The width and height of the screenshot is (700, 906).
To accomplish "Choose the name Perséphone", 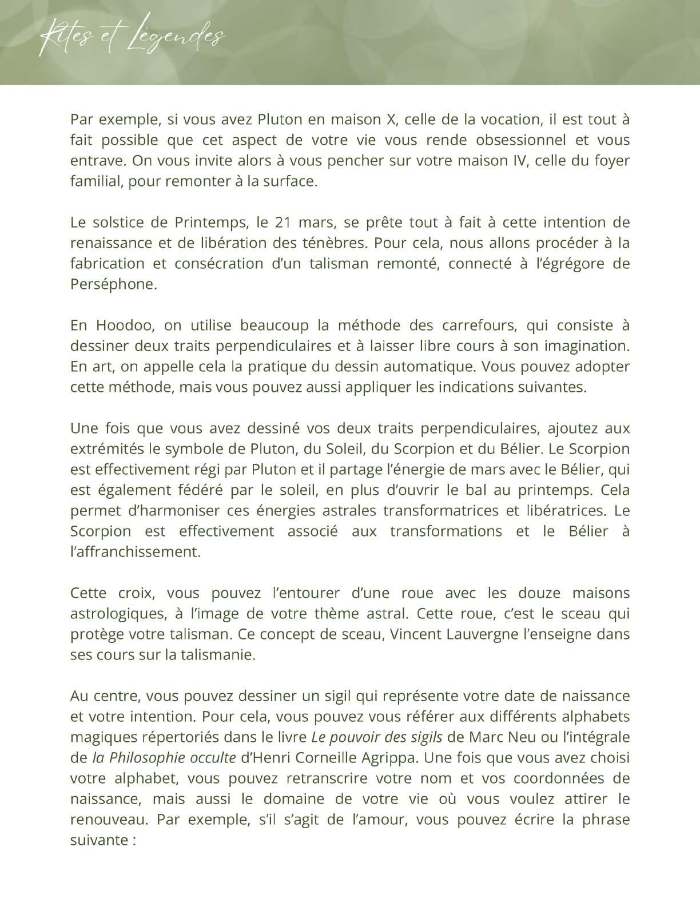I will coord(113,284).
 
